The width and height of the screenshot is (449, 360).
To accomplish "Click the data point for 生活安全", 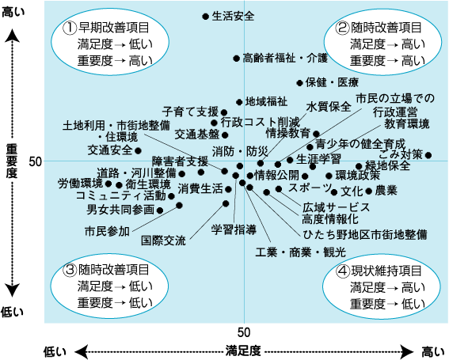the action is tap(206, 17).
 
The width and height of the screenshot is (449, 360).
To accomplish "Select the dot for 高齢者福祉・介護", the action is tap(236, 59).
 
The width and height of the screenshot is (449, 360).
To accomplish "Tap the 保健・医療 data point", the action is tap(299, 83).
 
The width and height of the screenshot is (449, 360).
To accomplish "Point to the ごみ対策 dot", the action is tap(428, 155).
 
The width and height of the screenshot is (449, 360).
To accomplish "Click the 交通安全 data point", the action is tap(138, 150).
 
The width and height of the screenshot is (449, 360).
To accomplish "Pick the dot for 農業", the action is tap(369, 191).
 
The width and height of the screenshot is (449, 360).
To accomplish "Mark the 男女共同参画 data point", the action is tap(160, 210).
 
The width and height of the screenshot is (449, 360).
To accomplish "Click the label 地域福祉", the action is tap(266, 101).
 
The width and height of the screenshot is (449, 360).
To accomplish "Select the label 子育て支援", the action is tap(190, 112).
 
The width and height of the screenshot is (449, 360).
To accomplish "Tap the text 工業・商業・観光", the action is tap(301, 252).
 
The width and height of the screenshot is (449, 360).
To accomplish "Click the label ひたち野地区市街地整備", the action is tap(365, 234).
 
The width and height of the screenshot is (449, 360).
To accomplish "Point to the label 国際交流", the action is tap(163, 241).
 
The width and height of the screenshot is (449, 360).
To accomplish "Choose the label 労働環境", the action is tap(80, 184).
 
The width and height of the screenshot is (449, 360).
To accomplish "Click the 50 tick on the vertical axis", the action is tap(36, 161).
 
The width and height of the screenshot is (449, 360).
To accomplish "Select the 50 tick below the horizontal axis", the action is tap(244, 332).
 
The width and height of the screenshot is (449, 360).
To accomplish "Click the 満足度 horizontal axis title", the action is tap(243, 351).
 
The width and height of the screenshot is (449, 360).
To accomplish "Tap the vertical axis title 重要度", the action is tap(11, 161).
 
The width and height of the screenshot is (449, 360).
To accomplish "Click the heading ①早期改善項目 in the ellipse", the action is tap(106, 28).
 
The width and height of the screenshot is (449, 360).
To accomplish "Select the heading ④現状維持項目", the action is tap(379, 271).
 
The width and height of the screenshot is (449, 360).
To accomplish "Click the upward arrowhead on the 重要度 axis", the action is tap(12, 36).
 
